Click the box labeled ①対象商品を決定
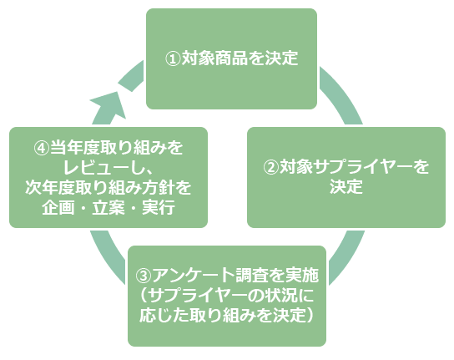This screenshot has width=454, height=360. (231, 58)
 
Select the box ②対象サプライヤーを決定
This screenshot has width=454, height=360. (346, 177)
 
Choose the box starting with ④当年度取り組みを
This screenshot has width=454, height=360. (108, 177)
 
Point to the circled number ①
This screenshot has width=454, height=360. (174, 59)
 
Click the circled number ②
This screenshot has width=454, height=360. (270, 167)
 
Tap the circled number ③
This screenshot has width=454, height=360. (144, 276)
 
